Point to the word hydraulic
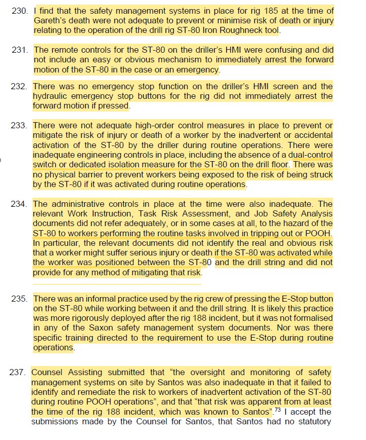[52, 96]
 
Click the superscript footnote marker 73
[278, 409]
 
